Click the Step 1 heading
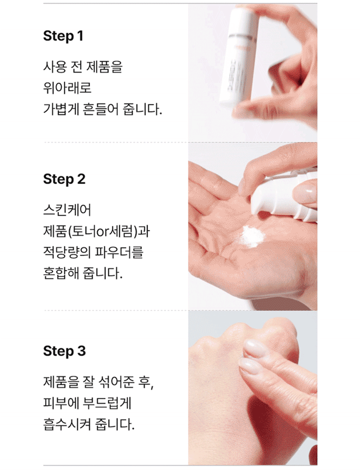63,36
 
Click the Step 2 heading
64,179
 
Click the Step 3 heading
64,351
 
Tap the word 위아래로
67,87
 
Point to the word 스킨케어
67,210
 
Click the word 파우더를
119,252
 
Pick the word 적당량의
67,252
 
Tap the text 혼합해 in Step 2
61,273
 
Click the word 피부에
61,403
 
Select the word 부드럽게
107,403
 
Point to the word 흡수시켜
67,424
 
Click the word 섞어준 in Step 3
116,382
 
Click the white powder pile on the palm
251,236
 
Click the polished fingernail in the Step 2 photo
305,191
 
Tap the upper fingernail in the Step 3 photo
254,348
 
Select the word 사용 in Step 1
55,66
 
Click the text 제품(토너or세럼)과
97,231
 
